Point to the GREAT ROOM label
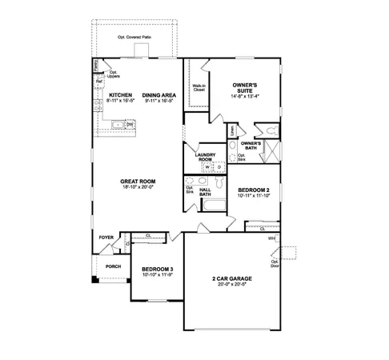(x=138, y=182)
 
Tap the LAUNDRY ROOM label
(x=206, y=158)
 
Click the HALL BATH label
(x=205, y=191)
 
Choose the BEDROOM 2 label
(x=253, y=191)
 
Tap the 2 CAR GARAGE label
(x=228, y=279)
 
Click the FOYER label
(x=106, y=238)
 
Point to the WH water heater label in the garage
(x=272, y=238)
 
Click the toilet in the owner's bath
(x=271, y=129)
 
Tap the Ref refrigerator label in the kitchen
(x=98, y=81)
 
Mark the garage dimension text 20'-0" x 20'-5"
(x=228, y=285)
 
